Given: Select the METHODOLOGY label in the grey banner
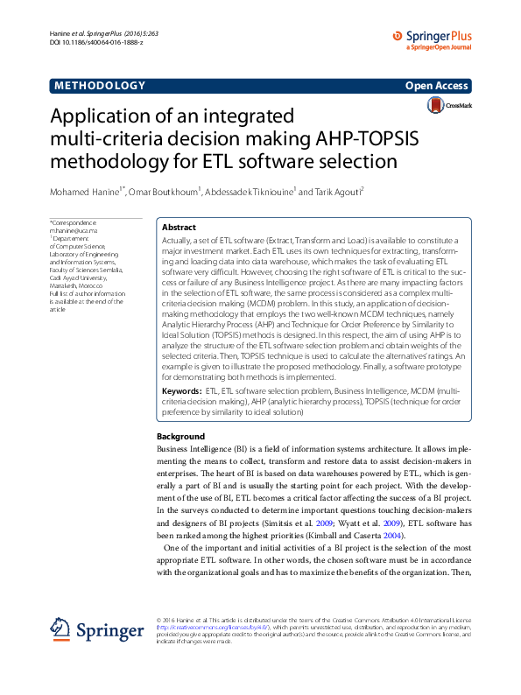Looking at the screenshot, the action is click(99, 85).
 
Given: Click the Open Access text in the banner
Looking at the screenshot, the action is click(438, 86).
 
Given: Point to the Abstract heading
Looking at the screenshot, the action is click(179, 227).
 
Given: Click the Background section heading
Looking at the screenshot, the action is click(180, 436).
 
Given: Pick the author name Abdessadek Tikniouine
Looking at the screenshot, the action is click(251, 192).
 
